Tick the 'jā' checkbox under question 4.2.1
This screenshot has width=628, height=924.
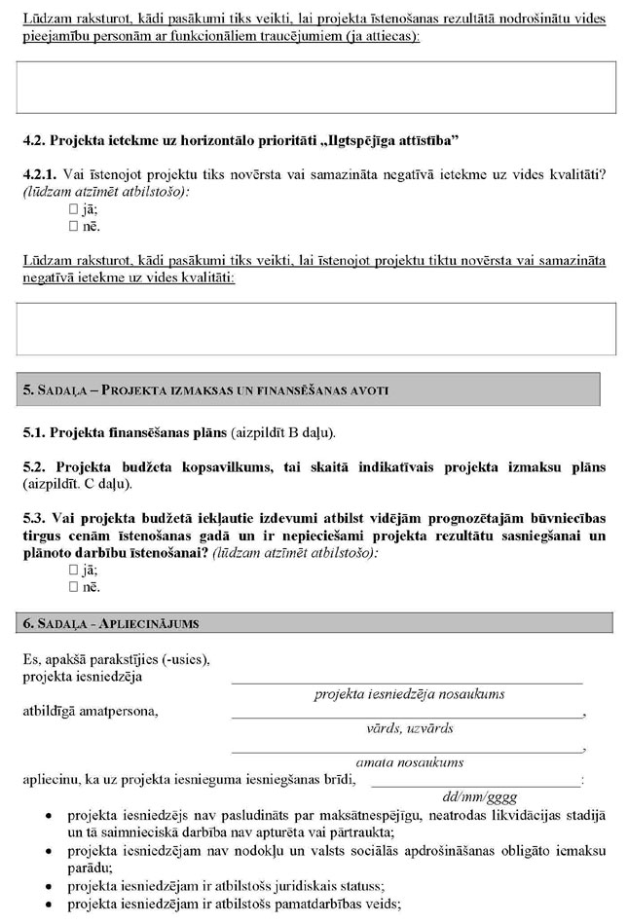click(x=73, y=209)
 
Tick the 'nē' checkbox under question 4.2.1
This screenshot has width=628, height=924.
click(x=73, y=227)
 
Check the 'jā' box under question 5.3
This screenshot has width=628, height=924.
click(x=73, y=571)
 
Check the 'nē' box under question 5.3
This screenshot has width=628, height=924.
click(x=73, y=588)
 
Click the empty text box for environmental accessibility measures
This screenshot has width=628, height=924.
click(x=316, y=88)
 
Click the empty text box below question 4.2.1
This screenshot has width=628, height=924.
click(x=316, y=328)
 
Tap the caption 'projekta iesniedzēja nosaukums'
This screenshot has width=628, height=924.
click(x=409, y=694)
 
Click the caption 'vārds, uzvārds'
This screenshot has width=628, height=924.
click(x=409, y=728)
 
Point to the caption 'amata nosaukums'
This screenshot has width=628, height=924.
click(x=409, y=762)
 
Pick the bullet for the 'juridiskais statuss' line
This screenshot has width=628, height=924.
click(x=49, y=886)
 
